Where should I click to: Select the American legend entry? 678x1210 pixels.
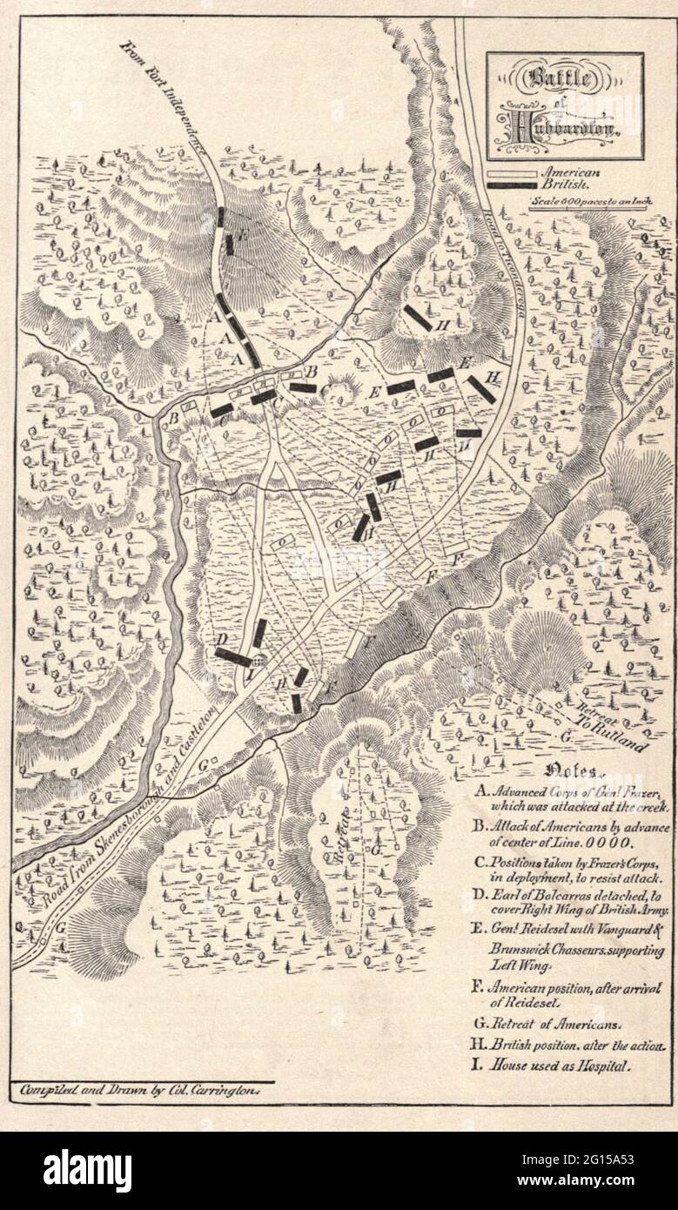click(566, 172)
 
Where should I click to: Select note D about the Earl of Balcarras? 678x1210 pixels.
click(570, 903)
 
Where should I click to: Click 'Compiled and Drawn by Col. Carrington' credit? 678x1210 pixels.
click(144, 1088)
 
